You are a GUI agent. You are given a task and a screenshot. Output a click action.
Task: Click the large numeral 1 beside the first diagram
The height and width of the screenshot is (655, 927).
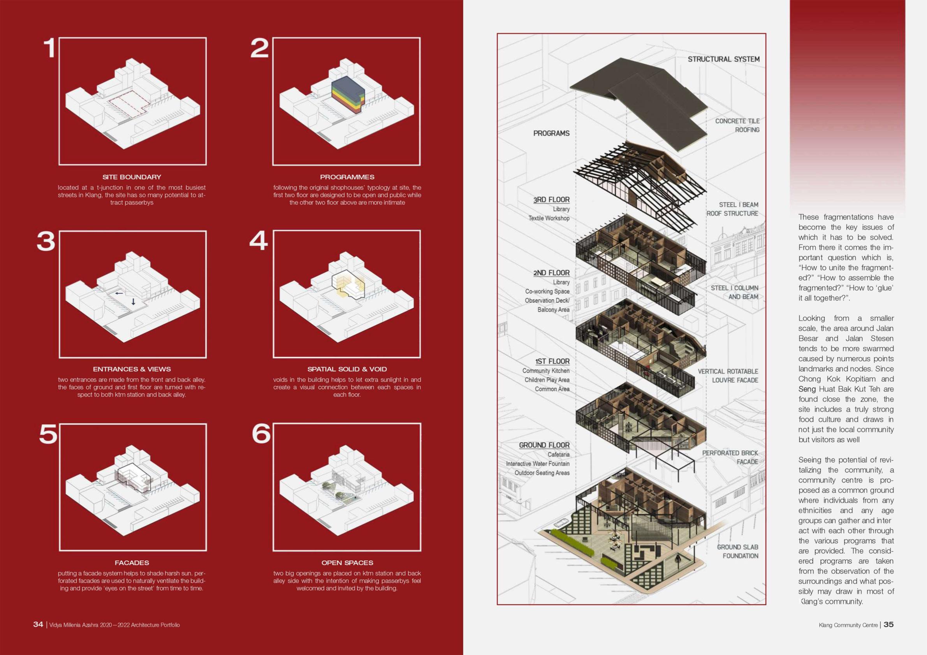[49, 48]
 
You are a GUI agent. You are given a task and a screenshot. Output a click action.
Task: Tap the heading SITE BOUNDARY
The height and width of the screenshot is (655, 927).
[132, 177]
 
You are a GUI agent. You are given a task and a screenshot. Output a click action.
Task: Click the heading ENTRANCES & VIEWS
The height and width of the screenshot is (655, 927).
[132, 369]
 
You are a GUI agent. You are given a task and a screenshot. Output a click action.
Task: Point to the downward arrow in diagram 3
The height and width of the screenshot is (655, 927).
[133, 302]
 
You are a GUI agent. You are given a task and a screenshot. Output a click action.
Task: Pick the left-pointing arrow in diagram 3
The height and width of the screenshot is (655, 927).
[119, 293]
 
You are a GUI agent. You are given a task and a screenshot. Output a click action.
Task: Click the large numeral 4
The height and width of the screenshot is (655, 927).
[259, 241]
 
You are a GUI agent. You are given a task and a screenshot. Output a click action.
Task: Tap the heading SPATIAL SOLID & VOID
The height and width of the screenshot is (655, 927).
[347, 369]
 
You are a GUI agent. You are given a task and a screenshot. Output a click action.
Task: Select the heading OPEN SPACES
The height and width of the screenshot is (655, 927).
[347, 563]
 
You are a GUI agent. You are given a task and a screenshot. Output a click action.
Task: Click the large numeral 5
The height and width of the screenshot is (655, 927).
[48, 434]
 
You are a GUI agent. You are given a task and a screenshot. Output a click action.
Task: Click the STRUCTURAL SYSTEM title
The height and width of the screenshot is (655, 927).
[723, 59]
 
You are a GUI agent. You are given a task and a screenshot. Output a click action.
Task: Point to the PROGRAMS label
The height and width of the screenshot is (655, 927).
[551, 133]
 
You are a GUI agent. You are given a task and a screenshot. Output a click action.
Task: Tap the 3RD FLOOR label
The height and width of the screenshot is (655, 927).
[551, 200]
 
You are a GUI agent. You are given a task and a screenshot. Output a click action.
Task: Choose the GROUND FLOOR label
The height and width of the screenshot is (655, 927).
[544, 445]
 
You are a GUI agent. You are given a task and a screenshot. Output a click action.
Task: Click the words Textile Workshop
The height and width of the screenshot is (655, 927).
[549, 218]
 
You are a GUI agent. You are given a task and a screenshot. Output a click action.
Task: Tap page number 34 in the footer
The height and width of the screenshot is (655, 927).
[38, 624]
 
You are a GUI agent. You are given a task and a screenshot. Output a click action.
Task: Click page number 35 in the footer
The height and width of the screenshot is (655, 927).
[888, 624]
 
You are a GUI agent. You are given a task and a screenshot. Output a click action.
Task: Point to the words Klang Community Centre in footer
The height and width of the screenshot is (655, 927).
[848, 625]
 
